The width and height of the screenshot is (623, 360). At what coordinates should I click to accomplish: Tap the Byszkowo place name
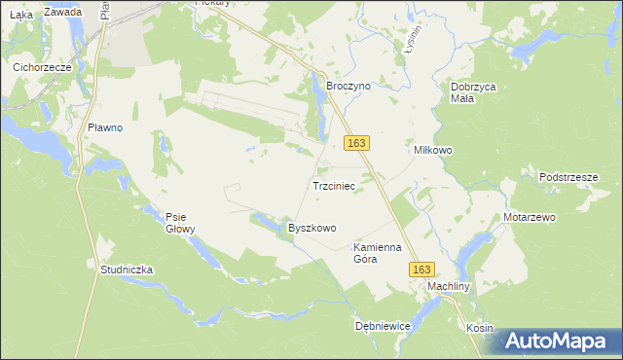coord(311,228)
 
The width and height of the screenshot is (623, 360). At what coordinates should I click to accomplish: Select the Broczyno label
coord(348,86)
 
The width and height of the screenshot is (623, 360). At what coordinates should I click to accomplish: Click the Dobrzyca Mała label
coord(474,91)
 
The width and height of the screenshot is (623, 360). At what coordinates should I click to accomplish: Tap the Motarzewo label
coord(529,217)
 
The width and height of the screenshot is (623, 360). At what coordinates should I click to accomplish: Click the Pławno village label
coord(104,127)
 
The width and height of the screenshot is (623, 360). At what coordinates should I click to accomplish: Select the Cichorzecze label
coord(43,68)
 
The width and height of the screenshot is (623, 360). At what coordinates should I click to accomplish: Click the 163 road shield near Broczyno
coord(356,143)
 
